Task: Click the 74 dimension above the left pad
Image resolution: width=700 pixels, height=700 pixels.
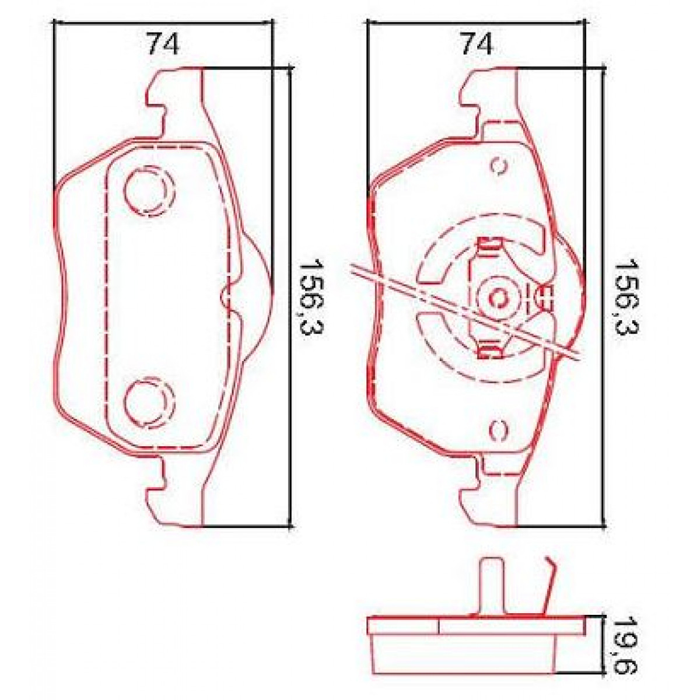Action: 163,44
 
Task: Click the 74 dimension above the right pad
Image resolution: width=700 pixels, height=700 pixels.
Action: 476,44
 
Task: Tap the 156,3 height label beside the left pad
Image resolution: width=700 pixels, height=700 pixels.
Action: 311,297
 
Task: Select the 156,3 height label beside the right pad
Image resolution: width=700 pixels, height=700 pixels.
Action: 626,297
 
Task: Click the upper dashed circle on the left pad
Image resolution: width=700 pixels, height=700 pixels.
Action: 148,191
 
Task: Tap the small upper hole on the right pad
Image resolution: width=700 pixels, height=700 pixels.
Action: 499,166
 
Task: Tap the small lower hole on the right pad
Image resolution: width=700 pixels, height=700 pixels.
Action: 499,429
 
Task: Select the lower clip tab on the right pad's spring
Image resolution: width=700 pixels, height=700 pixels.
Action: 489,351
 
